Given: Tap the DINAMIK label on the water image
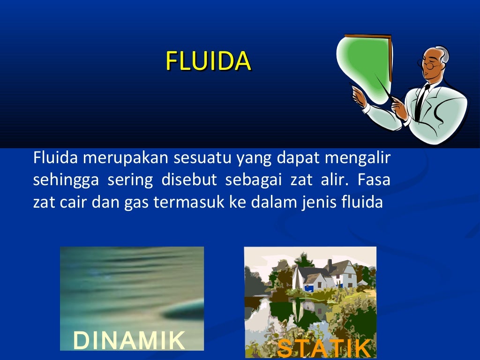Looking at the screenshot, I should click(129, 341).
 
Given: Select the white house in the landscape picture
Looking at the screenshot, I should click(323, 277).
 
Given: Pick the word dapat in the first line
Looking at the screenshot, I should click(293, 159).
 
